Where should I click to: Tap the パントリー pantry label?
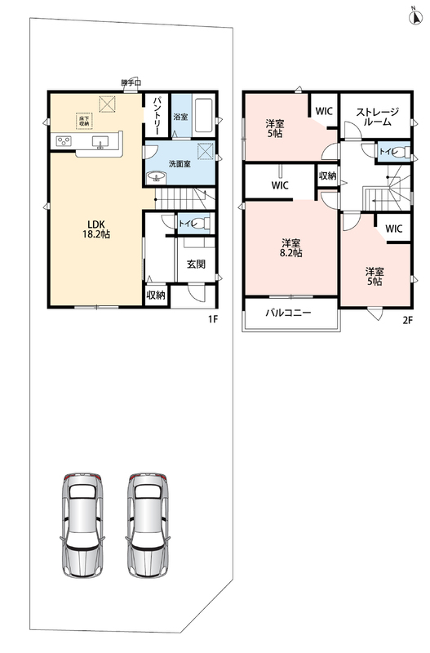coord(157,115)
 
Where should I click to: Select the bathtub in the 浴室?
coord(204,115)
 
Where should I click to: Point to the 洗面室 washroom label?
coord(180,164)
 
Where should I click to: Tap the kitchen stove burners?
coord(64,140)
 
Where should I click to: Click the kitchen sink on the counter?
coord(100,141)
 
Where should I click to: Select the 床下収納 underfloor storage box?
coord(84,121)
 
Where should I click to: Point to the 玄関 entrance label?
coord(196,264)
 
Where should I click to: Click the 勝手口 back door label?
coord(131,83)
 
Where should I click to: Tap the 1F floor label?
coord(213,319)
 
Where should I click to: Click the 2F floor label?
coord(407,320)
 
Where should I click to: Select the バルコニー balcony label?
coord(289,313)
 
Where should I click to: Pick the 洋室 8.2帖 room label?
coord(291,248)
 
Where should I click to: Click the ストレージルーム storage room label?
coord(378,117)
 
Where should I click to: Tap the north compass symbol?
coord(414,16)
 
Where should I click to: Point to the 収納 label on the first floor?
coord(156,295)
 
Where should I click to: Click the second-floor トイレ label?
coord(388,152)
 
